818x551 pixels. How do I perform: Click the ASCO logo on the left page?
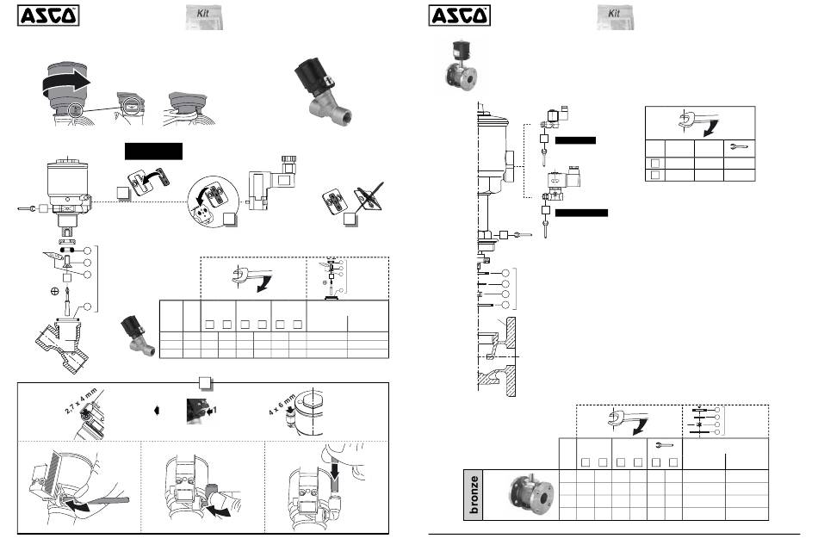tap(48, 15)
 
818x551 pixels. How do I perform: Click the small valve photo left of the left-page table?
tap(137, 335)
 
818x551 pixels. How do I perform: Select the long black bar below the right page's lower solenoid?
tap(581, 212)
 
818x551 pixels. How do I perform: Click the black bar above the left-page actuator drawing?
tap(154, 151)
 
